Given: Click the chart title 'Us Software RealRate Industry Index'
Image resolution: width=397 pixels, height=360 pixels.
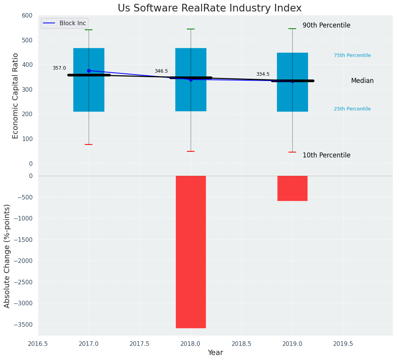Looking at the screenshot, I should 209,8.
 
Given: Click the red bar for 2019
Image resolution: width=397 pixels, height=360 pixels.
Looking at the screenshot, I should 292,188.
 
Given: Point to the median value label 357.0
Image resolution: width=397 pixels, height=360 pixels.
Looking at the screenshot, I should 59,68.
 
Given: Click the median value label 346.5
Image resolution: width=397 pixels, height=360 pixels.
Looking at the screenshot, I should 161,71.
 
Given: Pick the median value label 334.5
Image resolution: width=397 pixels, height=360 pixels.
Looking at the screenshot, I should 263,74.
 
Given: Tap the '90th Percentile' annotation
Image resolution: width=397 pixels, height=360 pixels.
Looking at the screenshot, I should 326,25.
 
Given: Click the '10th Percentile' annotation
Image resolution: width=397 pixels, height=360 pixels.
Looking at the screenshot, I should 326,155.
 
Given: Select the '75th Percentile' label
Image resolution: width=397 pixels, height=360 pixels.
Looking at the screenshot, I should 352,55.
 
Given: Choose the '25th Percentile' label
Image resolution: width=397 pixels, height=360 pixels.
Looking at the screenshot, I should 352,109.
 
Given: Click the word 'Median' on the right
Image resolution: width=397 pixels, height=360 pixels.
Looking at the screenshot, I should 362,81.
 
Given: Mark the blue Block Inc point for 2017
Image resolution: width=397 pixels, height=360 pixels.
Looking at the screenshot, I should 89,71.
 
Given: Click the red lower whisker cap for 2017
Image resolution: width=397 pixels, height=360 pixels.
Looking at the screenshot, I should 89,144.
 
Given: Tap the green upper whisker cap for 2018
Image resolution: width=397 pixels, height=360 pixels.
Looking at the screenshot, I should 191,29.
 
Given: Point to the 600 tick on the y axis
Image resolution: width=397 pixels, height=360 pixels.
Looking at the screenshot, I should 27,15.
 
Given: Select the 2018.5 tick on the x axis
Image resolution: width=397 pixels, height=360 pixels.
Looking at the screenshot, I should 241,344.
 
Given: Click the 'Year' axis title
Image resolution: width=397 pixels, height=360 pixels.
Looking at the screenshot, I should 216,353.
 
